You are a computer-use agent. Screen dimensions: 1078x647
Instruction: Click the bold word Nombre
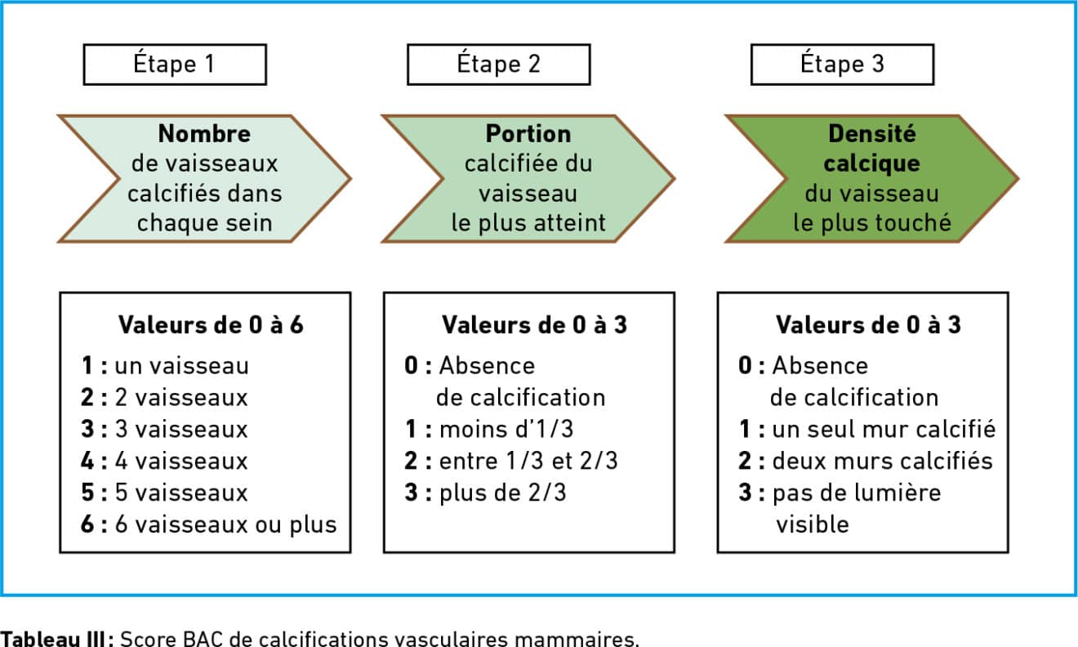(204, 133)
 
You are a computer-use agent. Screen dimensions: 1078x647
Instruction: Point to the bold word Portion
(528, 133)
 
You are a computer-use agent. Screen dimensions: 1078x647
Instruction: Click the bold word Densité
(871, 133)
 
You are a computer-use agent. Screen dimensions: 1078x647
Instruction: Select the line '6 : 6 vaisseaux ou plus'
(209, 524)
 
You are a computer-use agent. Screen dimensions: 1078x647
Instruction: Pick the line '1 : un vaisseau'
(165, 365)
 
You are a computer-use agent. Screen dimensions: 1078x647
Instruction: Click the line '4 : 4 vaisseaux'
(164, 461)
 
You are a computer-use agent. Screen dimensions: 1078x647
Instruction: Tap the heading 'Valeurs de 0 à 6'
(211, 325)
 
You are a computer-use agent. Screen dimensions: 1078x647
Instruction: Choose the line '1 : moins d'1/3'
(489, 429)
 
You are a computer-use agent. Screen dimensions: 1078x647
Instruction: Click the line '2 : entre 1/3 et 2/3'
(511, 461)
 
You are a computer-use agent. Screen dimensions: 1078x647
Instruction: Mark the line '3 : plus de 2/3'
(486, 493)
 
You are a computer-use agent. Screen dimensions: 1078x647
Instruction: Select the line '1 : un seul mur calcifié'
(867, 429)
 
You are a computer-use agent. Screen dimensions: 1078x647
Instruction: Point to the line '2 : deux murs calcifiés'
(866, 461)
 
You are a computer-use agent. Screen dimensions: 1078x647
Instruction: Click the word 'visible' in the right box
(813, 524)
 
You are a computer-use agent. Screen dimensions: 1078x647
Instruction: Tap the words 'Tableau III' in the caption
(52, 639)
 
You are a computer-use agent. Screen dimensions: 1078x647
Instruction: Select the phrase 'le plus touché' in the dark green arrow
(872, 223)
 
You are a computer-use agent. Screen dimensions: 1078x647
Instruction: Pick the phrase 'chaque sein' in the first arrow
(204, 223)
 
